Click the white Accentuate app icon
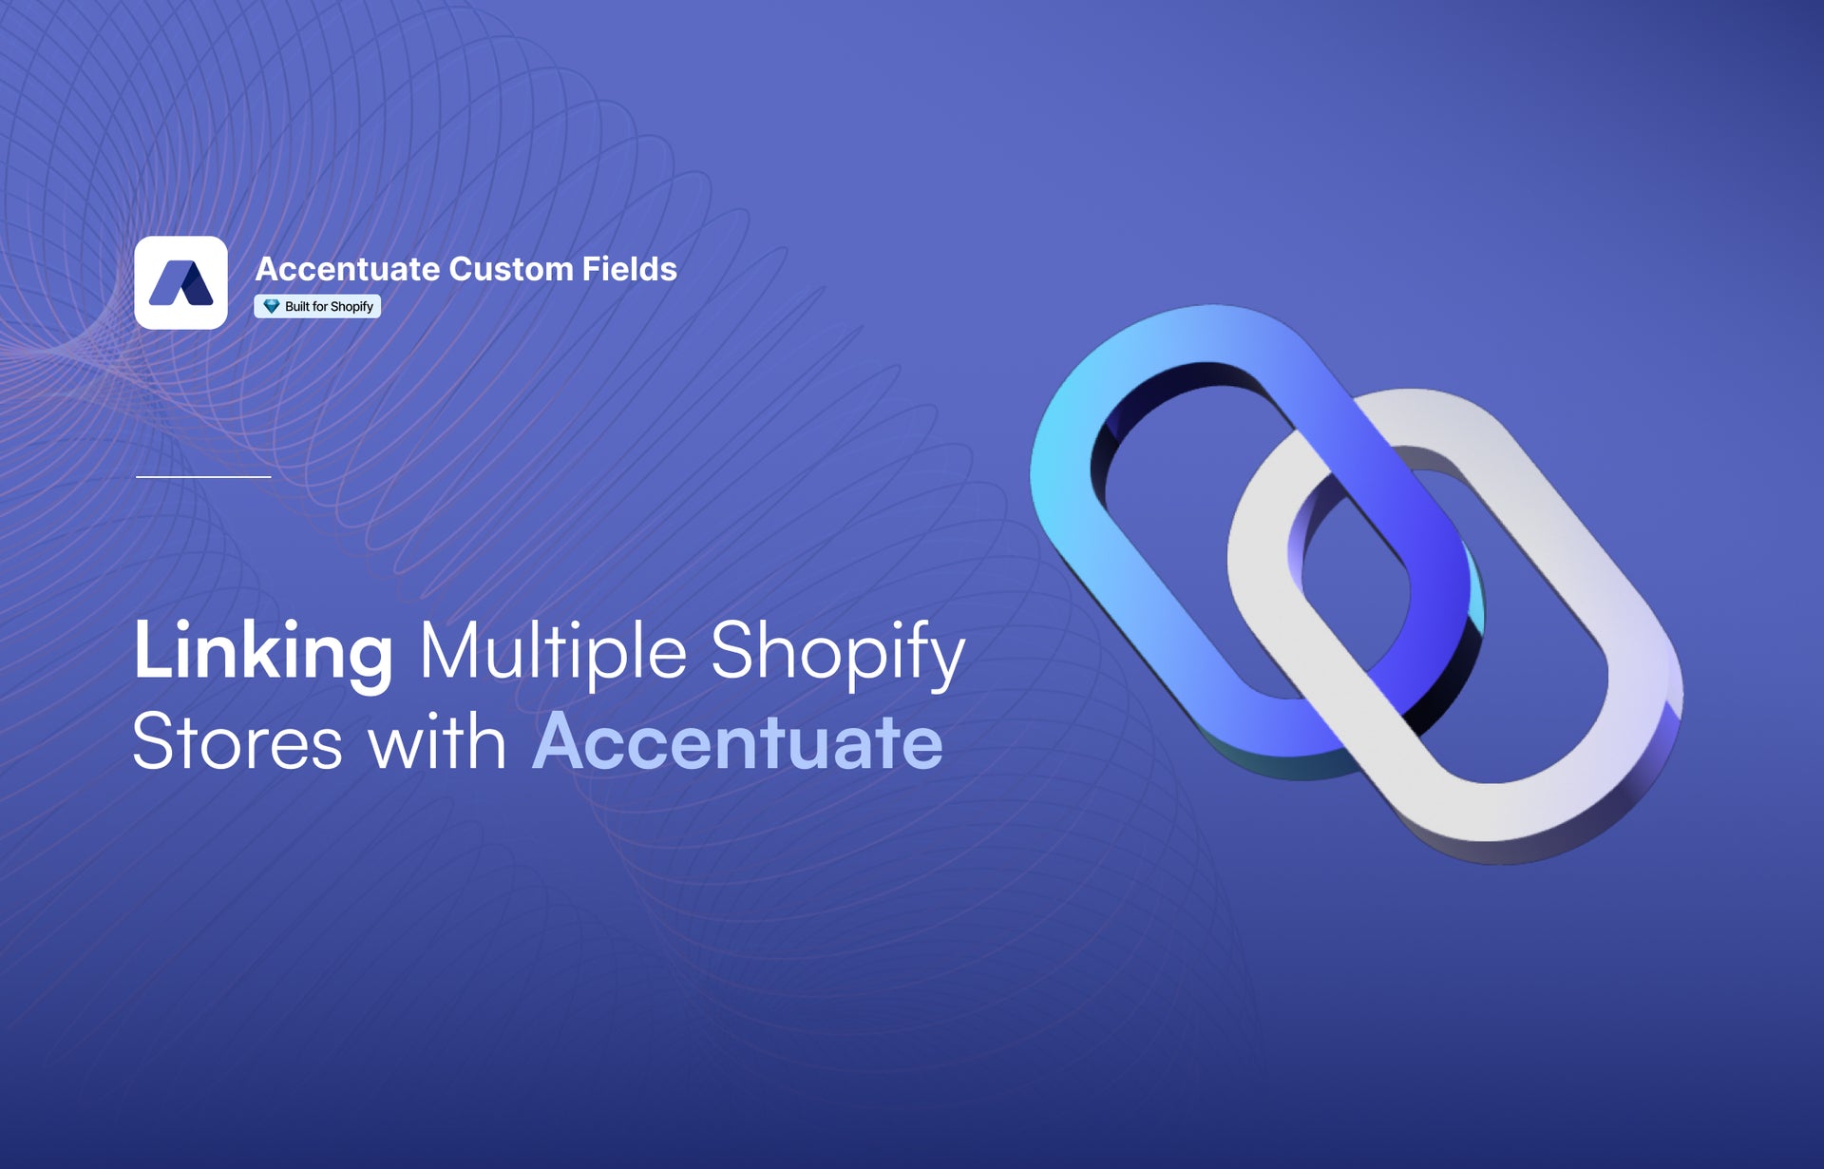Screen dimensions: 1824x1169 [180, 282]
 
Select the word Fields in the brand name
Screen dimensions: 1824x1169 [630, 269]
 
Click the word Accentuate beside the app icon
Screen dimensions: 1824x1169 [348, 269]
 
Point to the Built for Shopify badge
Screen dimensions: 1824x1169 [317, 306]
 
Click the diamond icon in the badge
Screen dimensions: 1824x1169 [272, 306]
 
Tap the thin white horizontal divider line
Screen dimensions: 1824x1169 [203, 476]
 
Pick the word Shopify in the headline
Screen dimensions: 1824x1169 [838, 655]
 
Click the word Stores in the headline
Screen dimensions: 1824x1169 [237, 742]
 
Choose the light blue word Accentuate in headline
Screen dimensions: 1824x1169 [738, 742]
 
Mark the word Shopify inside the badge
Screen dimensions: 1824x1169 [351, 307]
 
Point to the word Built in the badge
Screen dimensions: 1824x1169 [296, 306]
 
